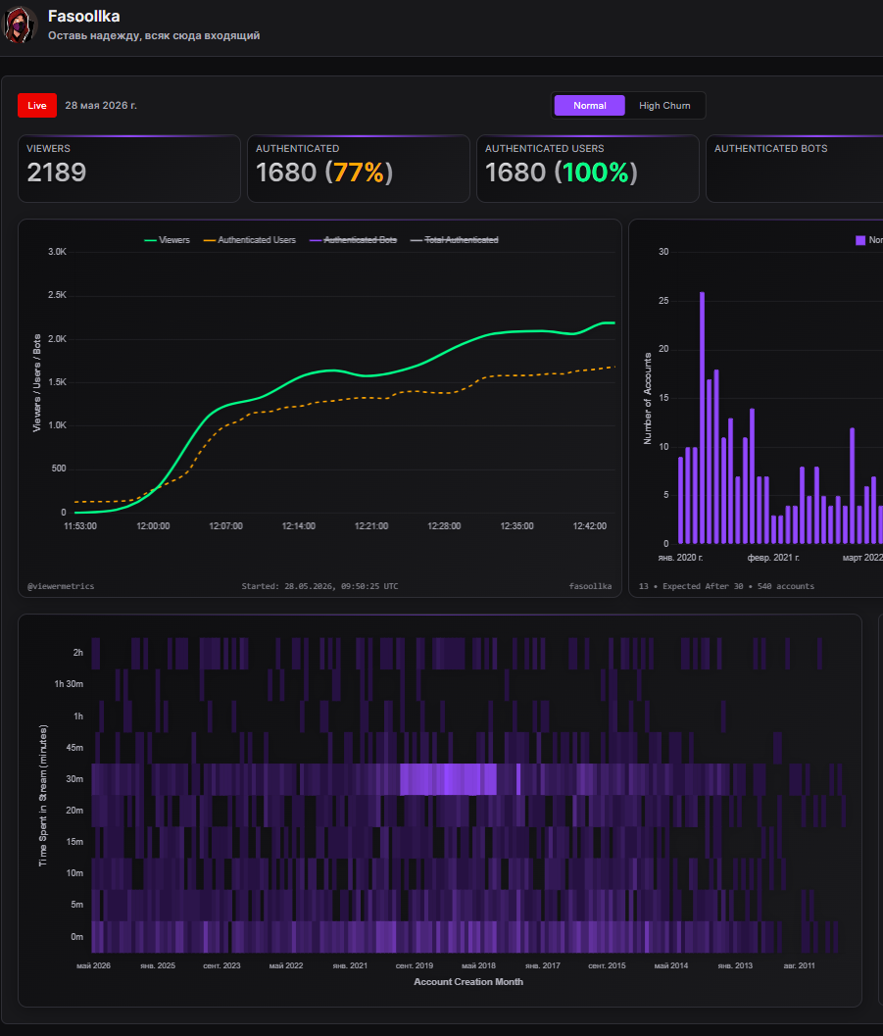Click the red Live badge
click(37, 106)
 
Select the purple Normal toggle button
click(589, 106)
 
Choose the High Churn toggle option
click(664, 106)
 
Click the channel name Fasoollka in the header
click(84, 16)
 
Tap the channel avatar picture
click(20, 25)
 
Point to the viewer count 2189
click(57, 173)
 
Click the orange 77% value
click(359, 173)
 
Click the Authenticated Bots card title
click(770, 149)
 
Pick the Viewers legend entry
click(167, 240)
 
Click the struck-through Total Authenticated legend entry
click(455, 240)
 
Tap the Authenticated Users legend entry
click(250, 240)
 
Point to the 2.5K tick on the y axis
click(58, 295)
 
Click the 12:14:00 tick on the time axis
click(299, 526)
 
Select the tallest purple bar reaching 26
click(702, 418)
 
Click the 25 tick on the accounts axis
click(663, 301)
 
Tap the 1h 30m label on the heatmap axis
click(69, 684)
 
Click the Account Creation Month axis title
click(468, 982)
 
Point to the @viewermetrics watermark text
click(61, 586)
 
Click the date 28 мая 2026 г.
click(101, 106)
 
